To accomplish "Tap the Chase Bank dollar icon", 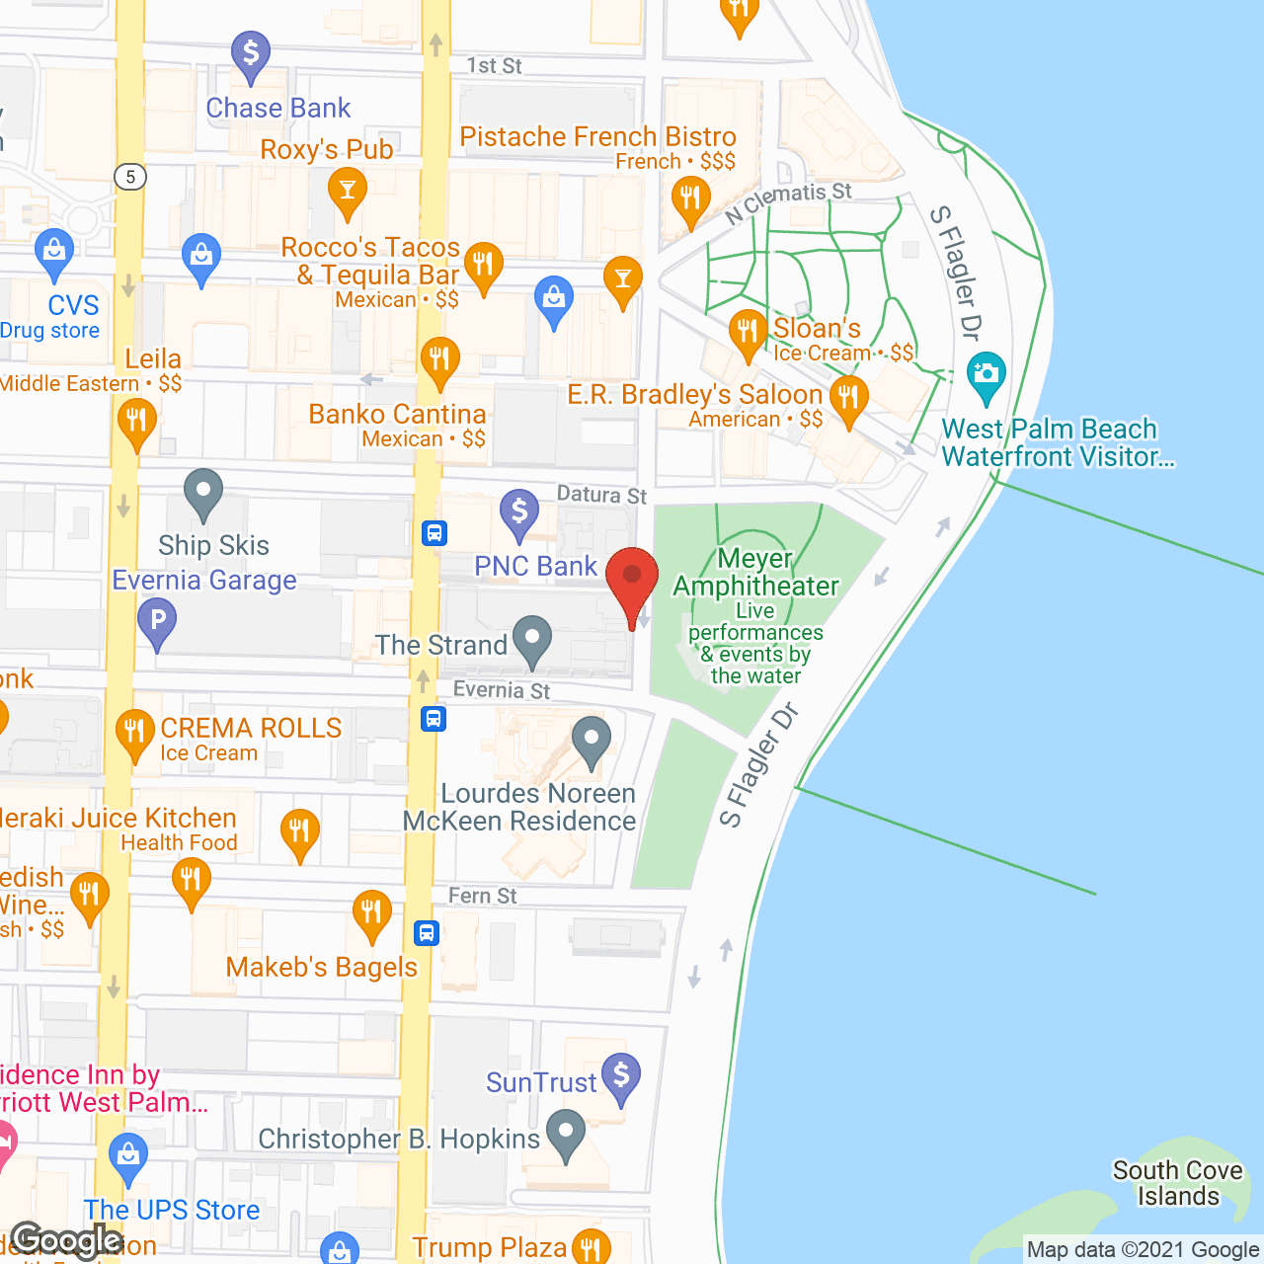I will [x=251, y=54].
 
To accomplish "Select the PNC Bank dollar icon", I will [x=519, y=513].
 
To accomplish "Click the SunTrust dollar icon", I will [x=621, y=1076].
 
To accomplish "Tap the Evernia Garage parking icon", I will [x=157, y=623].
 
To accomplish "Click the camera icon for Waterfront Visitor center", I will [x=986, y=375].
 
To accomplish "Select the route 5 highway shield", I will [x=130, y=177].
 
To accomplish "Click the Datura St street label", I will [x=601, y=494].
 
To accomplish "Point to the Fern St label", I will [x=482, y=896].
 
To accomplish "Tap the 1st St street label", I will [x=494, y=66].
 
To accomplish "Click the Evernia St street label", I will [x=502, y=690].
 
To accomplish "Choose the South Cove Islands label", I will [x=1177, y=1183].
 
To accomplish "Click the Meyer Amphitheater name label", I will [x=755, y=573].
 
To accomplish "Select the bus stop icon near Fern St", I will [x=427, y=932].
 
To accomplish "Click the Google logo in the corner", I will [x=66, y=1240].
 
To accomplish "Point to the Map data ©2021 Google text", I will [x=1143, y=1250].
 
